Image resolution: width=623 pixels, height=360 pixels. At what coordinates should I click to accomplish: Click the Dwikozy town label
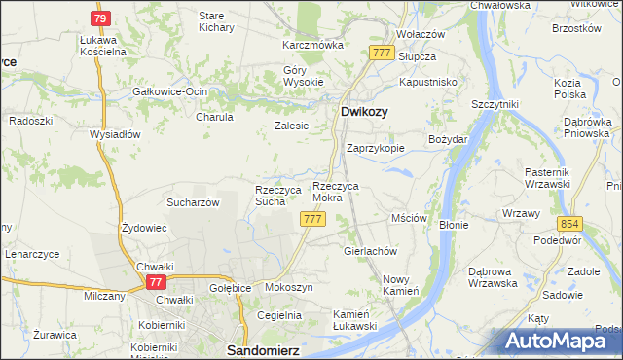(364, 112)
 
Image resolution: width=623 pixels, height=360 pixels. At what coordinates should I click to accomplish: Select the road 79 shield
(100, 18)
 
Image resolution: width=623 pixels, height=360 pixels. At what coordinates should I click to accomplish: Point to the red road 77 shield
(155, 281)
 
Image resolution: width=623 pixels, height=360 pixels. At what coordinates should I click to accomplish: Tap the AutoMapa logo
(563, 341)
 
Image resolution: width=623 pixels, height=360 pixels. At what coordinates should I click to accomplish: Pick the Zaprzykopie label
(376, 149)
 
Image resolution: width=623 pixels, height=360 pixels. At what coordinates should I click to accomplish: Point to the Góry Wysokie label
(303, 77)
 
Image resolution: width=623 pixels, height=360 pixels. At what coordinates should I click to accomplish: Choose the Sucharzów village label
(192, 202)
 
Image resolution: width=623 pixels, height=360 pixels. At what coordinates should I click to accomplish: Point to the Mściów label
(409, 219)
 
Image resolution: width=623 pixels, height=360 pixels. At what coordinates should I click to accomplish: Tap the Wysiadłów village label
(116, 134)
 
